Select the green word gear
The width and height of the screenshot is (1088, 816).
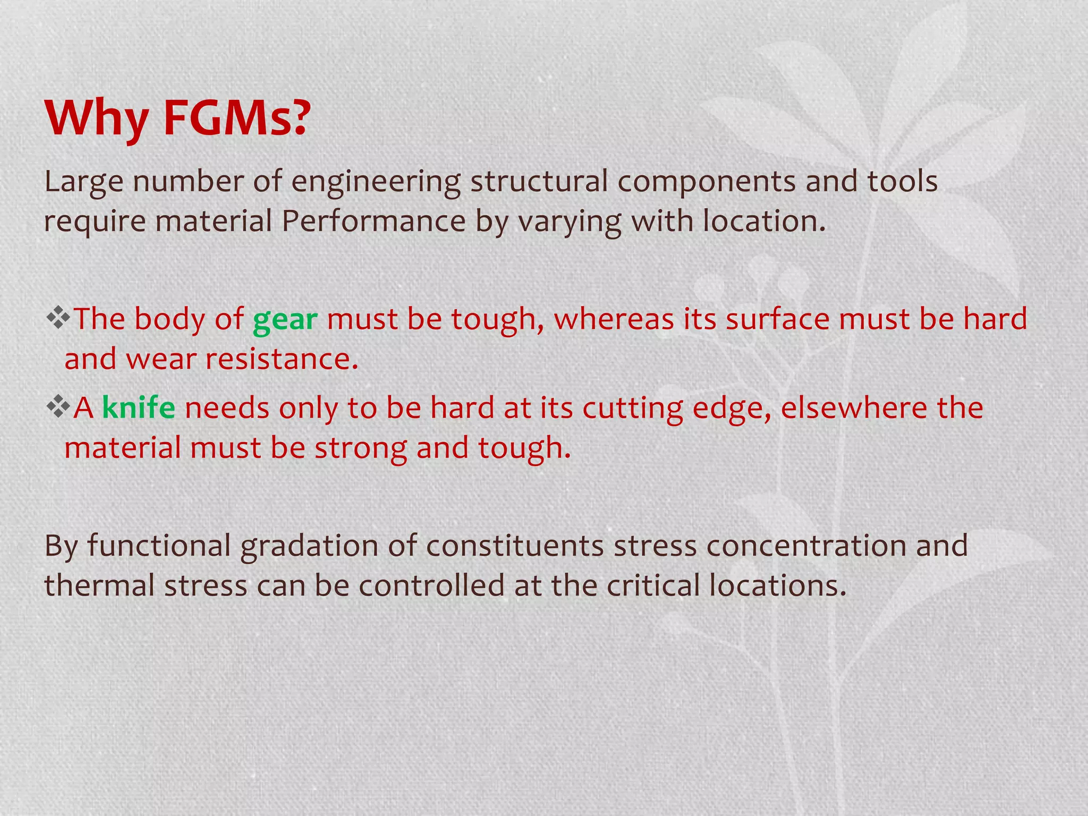(x=285, y=320)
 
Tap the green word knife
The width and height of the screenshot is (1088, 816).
(x=139, y=408)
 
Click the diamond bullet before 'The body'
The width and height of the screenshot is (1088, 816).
(x=58, y=318)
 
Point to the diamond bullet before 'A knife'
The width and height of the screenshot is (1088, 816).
(x=58, y=407)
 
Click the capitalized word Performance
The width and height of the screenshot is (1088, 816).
(x=373, y=221)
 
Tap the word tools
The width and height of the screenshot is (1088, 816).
(x=903, y=181)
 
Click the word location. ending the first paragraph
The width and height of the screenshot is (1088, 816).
(x=764, y=221)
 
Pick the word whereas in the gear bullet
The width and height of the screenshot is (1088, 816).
(x=614, y=319)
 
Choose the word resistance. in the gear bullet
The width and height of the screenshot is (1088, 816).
(x=282, y=359)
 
